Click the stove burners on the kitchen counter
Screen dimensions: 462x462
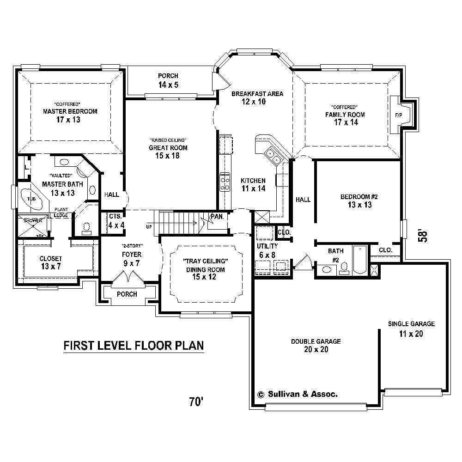click(x=225, y=182)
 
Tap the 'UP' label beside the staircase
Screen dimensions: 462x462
click(x=148, y=227)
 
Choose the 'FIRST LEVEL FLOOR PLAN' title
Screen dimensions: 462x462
click(x=134, y=346)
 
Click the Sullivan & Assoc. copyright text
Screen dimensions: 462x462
click(x=298, y=395)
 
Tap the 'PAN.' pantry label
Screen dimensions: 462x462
click(x=217, y=216)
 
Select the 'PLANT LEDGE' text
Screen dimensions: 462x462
click(x=61, y=212)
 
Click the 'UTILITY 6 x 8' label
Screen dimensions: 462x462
click(x=267, y=250)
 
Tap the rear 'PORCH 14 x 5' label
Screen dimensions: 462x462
click(x=168, y=80)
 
